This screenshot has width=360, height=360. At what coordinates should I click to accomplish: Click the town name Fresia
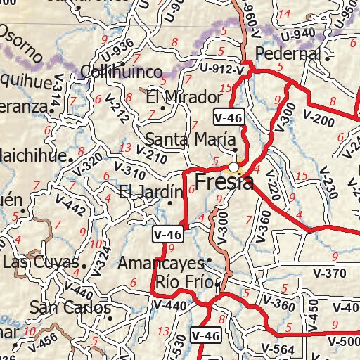coord(223,184)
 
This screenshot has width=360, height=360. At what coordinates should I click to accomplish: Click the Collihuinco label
coord(122,72)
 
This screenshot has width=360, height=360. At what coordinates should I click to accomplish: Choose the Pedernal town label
coord(288,53)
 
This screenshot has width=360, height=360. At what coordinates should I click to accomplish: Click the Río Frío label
coord(184,282)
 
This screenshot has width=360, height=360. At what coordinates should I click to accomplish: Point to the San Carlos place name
coord(70,308)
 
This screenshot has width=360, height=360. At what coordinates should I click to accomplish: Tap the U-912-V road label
coord(221,69)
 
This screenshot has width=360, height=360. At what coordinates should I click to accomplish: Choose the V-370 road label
coord(328,274)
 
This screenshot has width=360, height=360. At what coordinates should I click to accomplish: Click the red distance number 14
coord(284,15)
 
